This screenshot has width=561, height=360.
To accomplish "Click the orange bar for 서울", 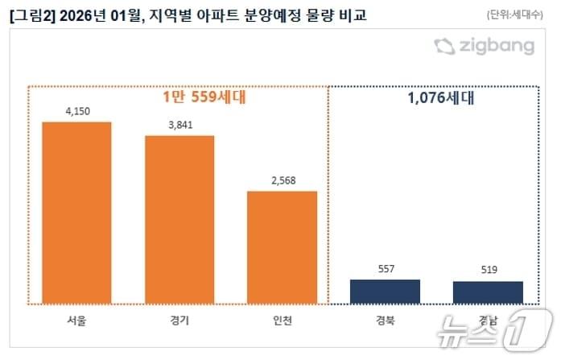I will (x=76, y=213).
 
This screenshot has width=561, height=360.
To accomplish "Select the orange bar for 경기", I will (x=179, y=219).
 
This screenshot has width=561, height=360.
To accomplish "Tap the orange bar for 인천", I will (x=282, y=247).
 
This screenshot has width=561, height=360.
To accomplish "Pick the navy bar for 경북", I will (x=385, y=292).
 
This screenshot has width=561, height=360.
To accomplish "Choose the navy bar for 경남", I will (x=488, y=292).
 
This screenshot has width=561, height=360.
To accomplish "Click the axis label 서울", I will (x=76, y=321).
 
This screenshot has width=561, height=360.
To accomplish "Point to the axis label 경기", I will (x=179, y=321).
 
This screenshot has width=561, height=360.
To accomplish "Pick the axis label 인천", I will (x=282, y=321).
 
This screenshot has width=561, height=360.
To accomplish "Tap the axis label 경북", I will (x=385, y=321).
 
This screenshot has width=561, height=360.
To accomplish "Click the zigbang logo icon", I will (x=444, y=46).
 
